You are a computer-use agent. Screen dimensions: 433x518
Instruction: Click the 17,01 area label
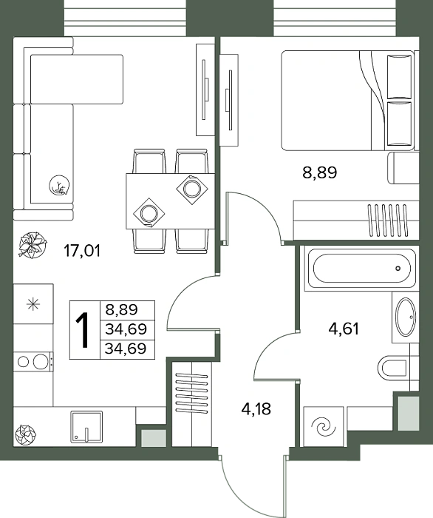82,251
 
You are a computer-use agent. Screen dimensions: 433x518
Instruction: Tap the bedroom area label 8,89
319,172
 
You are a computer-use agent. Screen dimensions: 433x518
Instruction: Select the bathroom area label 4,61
344,329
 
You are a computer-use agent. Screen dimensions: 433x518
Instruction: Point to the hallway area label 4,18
256,409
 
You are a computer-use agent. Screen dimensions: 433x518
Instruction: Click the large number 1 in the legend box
83,330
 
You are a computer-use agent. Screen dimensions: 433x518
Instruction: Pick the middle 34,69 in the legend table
126,329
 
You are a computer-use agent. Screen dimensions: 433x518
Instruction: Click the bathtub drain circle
398,268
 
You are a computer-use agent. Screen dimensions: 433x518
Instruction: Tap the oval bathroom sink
406,317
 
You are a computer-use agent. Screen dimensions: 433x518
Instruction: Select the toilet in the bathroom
392,369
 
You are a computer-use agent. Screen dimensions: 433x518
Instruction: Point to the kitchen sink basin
86,427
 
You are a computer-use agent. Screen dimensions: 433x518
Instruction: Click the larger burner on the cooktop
40,362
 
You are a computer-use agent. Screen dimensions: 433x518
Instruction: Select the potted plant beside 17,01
33,245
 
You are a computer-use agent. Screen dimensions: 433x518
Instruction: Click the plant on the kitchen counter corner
25,434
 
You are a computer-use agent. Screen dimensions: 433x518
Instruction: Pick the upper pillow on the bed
399,77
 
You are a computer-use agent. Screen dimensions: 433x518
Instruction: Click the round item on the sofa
59,186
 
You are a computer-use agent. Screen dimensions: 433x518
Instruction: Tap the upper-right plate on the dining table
192,189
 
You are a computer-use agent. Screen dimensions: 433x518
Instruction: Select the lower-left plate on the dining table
149,213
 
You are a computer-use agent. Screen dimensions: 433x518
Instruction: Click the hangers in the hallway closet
192,393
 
